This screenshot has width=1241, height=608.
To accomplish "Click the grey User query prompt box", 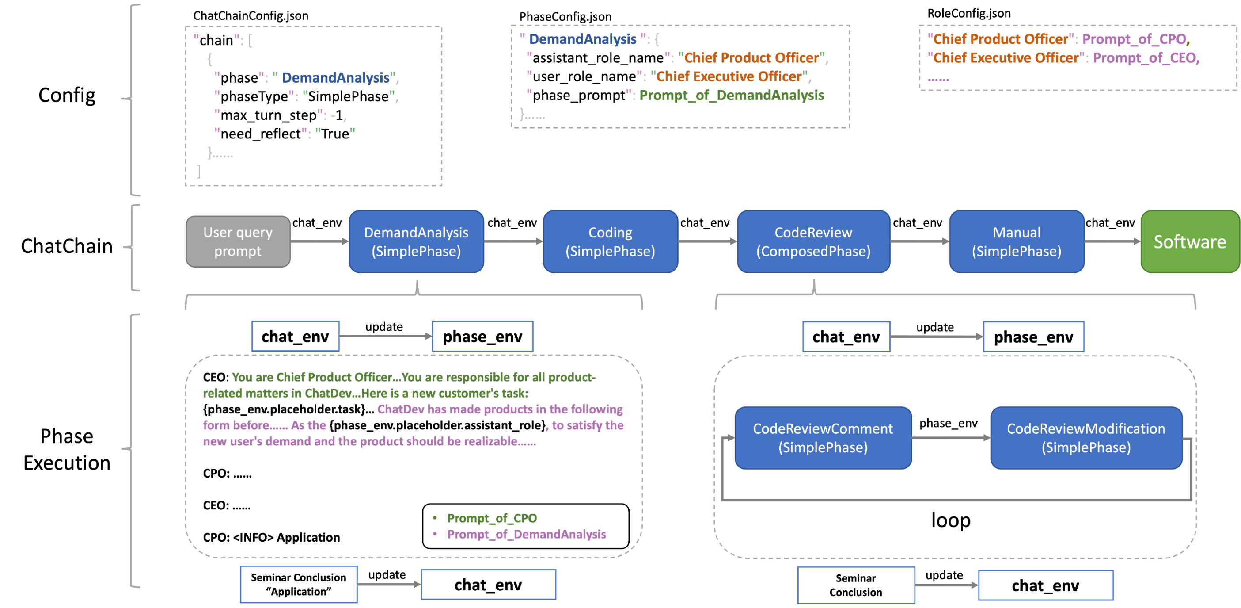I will pos(238,241).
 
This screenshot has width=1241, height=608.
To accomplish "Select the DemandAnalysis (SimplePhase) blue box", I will pos(416,241).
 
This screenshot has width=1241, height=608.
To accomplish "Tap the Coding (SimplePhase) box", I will pos(611,241).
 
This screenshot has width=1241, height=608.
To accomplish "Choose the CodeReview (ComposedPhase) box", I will pos(813,241).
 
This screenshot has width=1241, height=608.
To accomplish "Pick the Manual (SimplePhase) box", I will pos(1017,241).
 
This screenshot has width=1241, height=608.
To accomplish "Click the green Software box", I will pos(1189,241).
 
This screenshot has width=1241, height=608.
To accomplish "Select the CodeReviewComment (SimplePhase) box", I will pos(823,438).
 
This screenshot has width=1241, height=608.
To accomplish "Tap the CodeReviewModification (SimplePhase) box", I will pos(1086,438).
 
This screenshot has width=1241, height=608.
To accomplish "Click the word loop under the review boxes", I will pos(950,520).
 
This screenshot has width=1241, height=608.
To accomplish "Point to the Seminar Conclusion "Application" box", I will pos(299,585).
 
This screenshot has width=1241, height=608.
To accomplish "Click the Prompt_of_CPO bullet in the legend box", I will pos(491,518).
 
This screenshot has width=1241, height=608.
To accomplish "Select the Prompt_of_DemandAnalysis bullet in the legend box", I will pos(526,534).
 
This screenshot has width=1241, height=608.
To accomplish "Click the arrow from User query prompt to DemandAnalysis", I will pos(319,241).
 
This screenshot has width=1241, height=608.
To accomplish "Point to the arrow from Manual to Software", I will pos(1112,241).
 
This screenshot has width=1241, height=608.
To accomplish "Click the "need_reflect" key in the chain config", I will pos(260,134).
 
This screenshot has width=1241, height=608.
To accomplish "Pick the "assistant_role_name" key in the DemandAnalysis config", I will pos(598,58).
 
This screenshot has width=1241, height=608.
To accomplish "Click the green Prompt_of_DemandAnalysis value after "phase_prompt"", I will pos(731,96).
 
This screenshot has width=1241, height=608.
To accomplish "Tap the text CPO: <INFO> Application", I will pos(271,538).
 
